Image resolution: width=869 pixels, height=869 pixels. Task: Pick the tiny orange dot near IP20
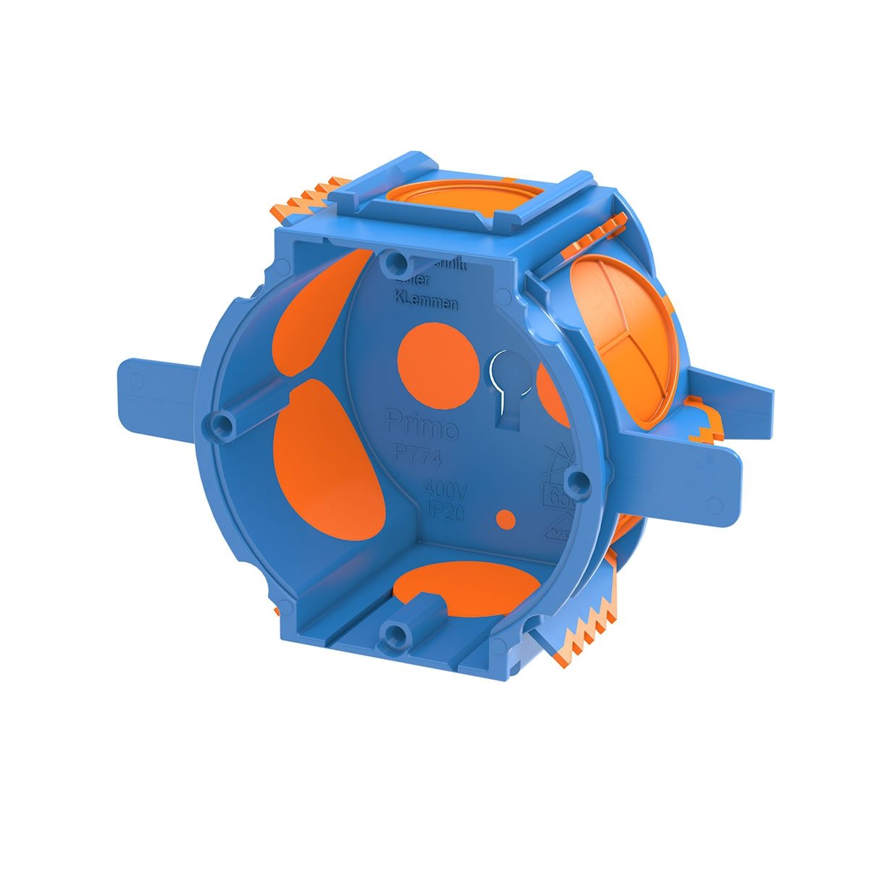tap(506, 518)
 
